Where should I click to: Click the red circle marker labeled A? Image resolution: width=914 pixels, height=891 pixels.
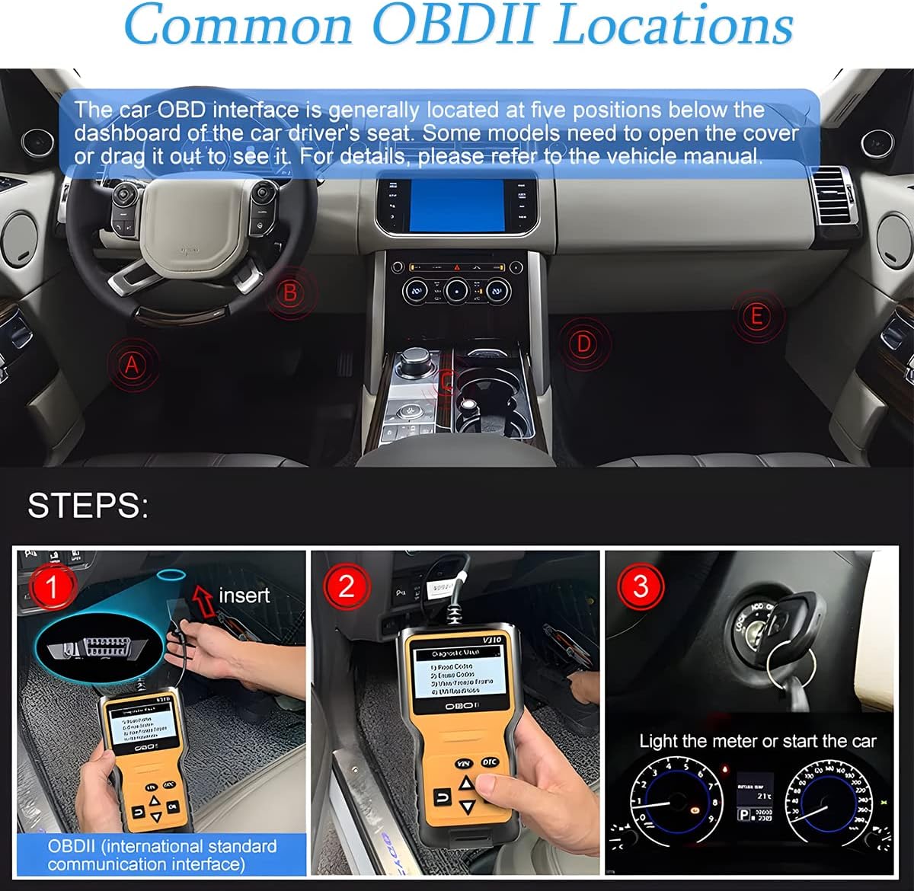click(x=133, y=365)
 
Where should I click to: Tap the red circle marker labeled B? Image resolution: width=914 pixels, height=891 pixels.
click(x=290, y=292)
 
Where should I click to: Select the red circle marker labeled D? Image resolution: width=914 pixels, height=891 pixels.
click(x=583, y=344)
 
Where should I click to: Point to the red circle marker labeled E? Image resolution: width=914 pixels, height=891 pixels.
click(x=756, y=315)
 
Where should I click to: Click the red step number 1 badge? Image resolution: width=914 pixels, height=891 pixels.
click(x=52, y=587)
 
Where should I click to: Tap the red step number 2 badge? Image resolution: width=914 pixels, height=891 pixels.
click(x=347, y=587)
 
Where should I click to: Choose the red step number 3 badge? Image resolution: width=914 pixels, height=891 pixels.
click(x=641, y=587)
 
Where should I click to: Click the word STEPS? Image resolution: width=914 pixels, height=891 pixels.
click(x=88, y=506)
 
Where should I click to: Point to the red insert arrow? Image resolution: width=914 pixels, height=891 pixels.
click(x=203, y=598)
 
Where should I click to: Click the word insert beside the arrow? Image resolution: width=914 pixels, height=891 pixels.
click(x=244, y=595)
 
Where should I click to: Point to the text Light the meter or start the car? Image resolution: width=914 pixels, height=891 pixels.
click(x=757, y=741)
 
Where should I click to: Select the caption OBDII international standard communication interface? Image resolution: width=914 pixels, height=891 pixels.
click(x=161, y=854)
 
